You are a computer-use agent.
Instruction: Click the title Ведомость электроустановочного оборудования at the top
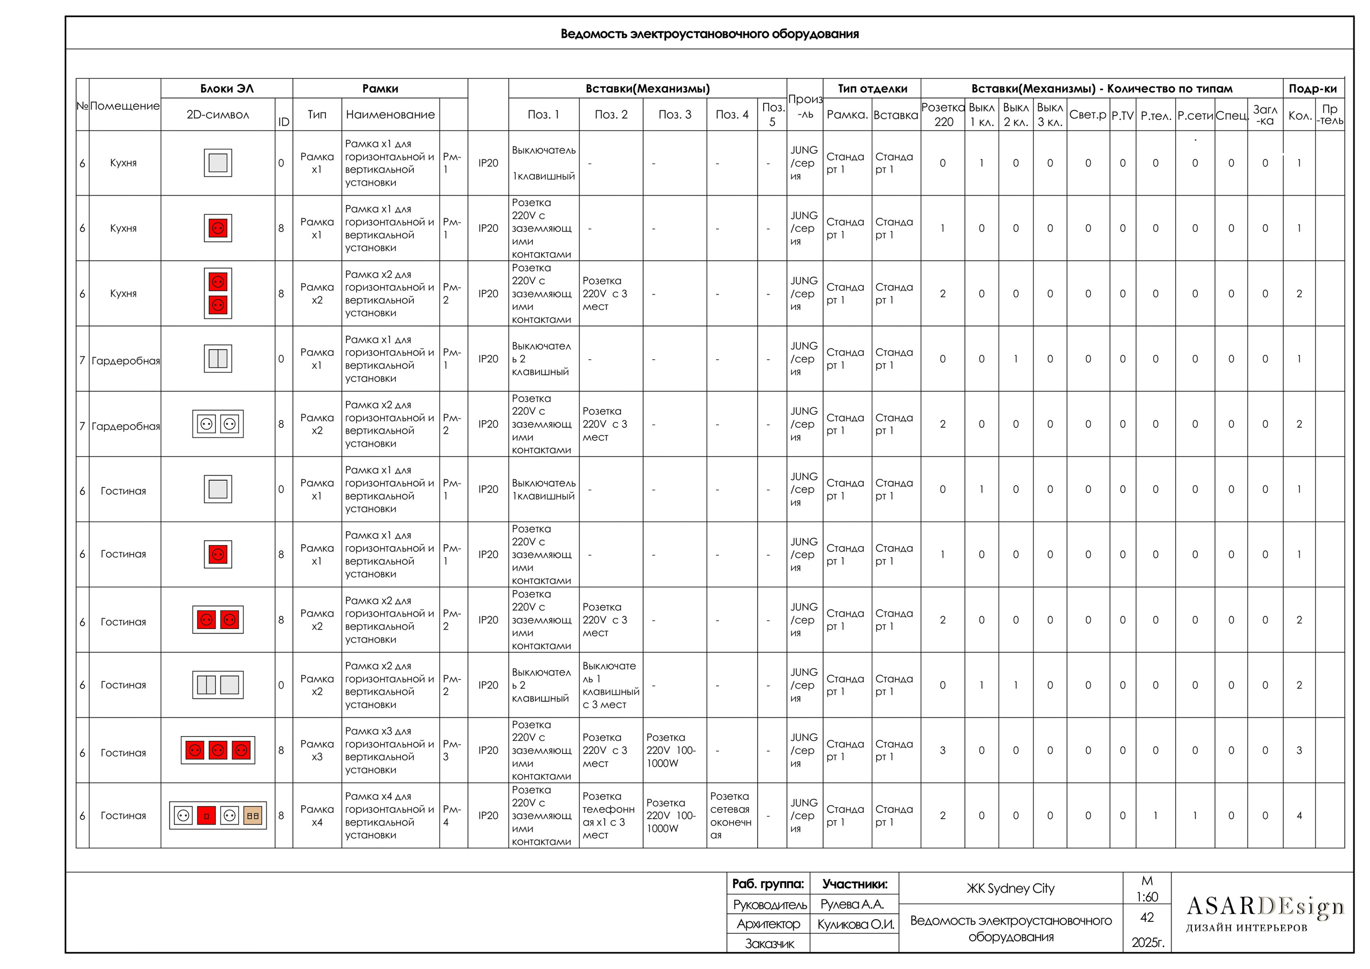pos(709,34)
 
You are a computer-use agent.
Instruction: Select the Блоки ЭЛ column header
pos(227,88)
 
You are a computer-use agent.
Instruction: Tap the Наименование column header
pos(390,115)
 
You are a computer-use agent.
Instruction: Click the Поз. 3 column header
pos(674,115)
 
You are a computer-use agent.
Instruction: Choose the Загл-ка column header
pos(1265,115)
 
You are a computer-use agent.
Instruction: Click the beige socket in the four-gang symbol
pos(253,815)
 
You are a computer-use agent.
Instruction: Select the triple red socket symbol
pos(218,751)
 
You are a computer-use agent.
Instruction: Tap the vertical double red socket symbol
pos(218,293)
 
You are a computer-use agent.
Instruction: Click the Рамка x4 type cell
pos(317,815)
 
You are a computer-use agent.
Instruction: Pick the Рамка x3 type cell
pos(317,751)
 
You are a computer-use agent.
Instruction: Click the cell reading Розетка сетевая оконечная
pos(731,815)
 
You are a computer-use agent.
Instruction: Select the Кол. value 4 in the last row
pos(1298,815)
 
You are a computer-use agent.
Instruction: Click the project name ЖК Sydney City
pos(1010,888)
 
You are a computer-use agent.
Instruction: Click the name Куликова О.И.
pos(855,924)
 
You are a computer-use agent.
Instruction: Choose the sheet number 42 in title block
pos(1146,917)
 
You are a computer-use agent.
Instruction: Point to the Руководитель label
pos(769,905)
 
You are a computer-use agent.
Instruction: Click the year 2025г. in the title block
pos(1147,942)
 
